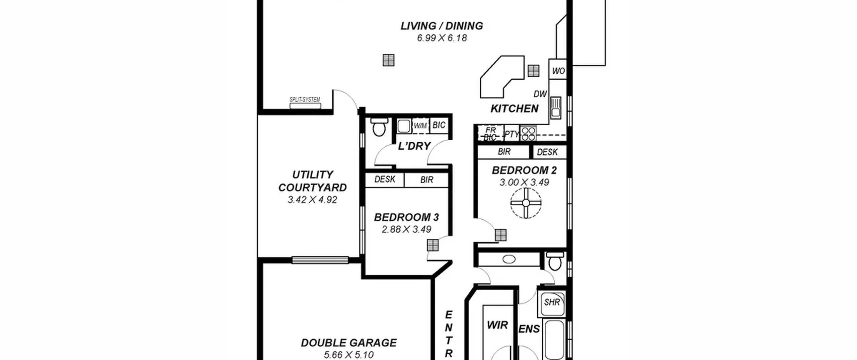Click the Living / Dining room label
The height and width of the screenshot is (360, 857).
pos(442,26)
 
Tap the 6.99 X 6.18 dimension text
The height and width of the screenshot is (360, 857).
pos(442,38)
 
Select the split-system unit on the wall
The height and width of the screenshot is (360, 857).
pos(305,106)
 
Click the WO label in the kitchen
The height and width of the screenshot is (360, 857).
pos(558,71)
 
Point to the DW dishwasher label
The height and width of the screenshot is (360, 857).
pos(540,94)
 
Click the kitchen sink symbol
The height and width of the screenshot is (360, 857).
pos(556,107)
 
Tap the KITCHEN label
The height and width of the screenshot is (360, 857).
pos(515,109)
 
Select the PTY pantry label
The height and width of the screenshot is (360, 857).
pos(511,134)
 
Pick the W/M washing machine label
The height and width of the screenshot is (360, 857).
pos(420,126)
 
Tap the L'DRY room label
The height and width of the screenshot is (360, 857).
pos(414,146)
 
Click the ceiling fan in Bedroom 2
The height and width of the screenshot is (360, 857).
pos(526,203)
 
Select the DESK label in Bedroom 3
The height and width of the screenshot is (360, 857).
pos(385,179)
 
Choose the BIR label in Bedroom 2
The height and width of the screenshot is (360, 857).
pos(504,152)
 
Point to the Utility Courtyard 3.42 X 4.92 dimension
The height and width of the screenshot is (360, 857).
pos(312,200)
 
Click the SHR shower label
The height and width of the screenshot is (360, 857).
pos(552,302)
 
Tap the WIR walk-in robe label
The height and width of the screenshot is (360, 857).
pos(497,325)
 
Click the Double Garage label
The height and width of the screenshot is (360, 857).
pos(349,343)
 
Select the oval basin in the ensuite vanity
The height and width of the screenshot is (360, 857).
pos(509,259)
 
